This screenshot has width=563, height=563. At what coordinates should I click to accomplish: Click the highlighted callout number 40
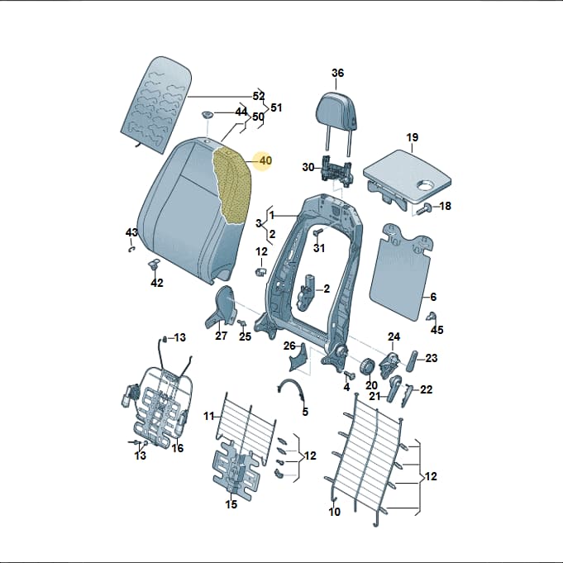pos(265,160)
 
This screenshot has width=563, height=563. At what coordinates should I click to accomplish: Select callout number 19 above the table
pos(413,137)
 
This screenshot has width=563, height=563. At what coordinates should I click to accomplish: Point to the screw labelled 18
pos(426,208)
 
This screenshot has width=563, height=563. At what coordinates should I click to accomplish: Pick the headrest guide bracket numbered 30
pos(336,169)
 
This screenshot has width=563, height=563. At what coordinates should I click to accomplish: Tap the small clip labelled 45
pos(432,317)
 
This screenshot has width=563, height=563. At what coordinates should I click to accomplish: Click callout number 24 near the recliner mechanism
pos(394,336)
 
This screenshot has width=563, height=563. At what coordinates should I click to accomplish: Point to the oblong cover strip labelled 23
pos(412,361)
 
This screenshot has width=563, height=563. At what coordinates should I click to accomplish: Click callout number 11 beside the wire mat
pos(209,416)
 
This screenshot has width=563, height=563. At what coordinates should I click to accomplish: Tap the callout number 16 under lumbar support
pos(178,448)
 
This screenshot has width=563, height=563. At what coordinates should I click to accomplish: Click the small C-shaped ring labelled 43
pos(131,249)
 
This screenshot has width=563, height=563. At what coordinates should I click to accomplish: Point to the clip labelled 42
pos(155,265)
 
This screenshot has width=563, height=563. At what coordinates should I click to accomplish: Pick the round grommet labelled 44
pos(208,115)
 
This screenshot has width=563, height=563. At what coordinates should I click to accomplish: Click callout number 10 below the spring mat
pos(334,511)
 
